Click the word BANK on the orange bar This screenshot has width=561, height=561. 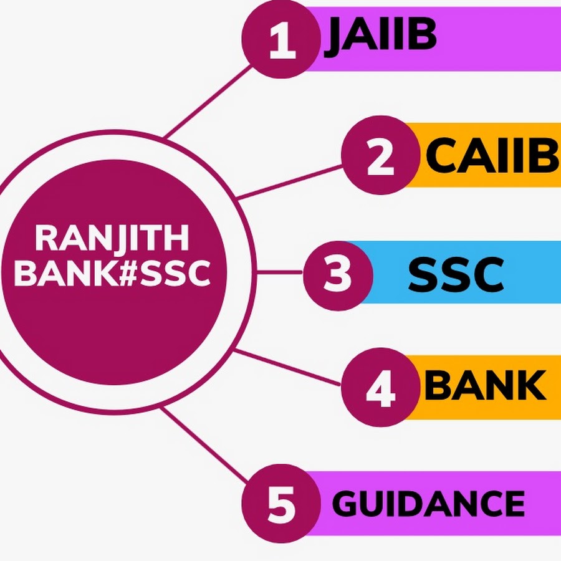pyautogui.click(x=485, y=386)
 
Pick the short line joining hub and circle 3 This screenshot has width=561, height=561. pyautogui.click(x=280, y=272)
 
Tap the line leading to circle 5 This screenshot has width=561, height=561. pyautogui.click(x=206, y=446)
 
